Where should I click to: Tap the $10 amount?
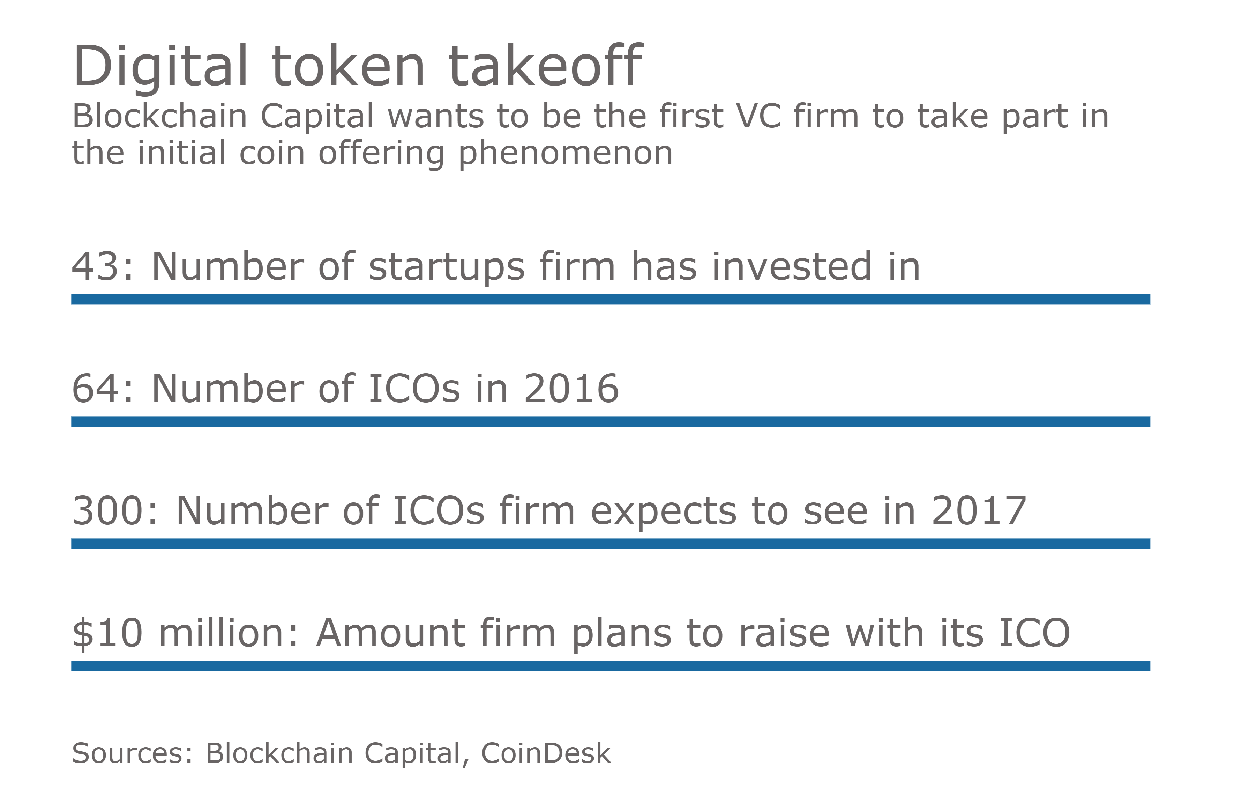(x=107, y=633)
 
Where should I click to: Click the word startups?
(x=446, y=268)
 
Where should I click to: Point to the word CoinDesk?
(x=545, y=753)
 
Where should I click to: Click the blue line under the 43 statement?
(x=611, y=299)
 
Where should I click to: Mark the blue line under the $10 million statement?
(x=611, y=666)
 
